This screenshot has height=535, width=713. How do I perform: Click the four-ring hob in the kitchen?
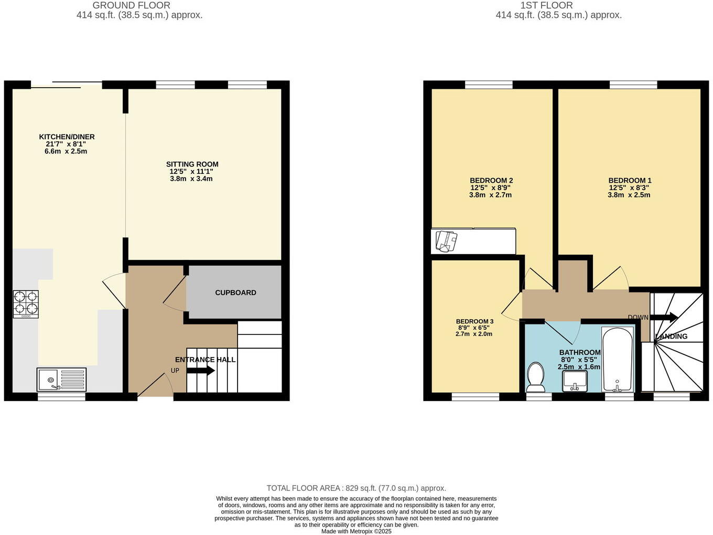(26, 304)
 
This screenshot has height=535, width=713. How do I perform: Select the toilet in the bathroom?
(536, 377)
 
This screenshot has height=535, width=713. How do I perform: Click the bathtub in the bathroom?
(618, 359)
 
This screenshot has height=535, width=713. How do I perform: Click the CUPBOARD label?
(235, 292)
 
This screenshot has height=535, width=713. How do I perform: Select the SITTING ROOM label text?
(192, 164)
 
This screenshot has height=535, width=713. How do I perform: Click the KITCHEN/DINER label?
(67, 137)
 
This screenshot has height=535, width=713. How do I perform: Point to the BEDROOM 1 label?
(630, 181)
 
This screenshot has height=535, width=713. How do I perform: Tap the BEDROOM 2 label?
(491, 181)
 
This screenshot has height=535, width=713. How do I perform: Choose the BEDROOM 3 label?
(474, 321)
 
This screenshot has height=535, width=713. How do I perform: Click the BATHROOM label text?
(579, 353)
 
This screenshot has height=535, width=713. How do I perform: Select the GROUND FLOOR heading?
(131, 5)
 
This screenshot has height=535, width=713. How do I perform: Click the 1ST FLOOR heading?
(546, 5)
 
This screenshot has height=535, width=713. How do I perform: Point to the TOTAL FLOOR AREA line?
(356, 488)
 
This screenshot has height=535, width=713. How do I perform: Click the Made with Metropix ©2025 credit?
(356, 531)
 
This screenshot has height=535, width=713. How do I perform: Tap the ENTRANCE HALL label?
(205, 360)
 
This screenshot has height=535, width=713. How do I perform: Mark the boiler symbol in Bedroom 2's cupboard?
(447, 242)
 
